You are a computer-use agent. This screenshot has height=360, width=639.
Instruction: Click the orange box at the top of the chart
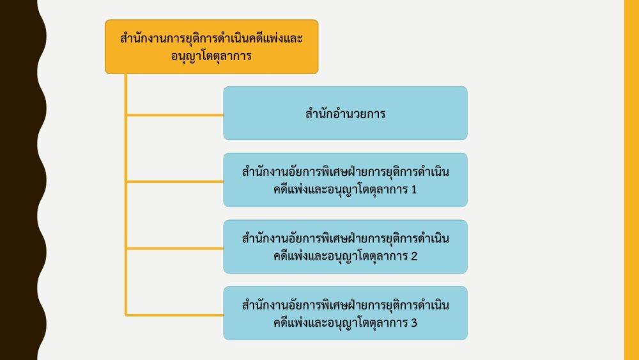point(212,47)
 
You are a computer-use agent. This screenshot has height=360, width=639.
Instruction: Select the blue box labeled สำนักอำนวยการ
point(345,113)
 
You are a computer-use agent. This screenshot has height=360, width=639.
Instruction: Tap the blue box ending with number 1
point(345,180)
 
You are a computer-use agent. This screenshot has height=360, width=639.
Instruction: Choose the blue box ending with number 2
point(345,247)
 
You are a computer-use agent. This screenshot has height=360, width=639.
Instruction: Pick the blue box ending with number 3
point(345,313)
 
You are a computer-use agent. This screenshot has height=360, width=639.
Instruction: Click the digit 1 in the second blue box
point(414,189)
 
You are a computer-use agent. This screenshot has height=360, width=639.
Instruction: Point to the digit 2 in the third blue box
point(414,256)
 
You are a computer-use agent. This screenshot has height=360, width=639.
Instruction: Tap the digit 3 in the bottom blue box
point(414,323)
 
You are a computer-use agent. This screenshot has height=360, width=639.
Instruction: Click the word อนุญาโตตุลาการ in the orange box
point(211,56)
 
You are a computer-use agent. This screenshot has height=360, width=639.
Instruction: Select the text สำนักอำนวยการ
point(345,113)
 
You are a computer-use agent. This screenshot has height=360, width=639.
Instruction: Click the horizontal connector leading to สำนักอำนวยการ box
point(175,115)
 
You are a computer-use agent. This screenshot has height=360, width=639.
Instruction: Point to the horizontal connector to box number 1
point(175,182)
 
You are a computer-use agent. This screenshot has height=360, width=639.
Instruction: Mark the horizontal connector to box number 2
point(175,248)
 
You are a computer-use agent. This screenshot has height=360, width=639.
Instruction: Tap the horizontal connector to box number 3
point(175,315)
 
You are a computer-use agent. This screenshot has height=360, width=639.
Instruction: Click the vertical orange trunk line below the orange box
point(126,195)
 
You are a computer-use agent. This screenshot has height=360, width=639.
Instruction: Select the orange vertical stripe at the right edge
point(631,180)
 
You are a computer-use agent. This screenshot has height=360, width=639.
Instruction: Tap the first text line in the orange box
point(212,38)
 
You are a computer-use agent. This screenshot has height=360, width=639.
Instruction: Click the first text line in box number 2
point(345,238)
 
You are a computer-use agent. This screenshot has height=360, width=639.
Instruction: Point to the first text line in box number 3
point(345,305)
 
